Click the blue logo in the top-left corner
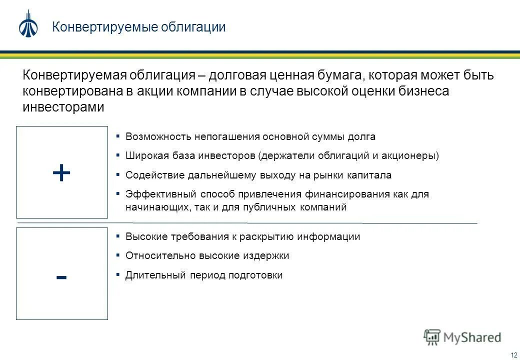28,24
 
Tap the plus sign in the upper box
61,173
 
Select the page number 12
513,355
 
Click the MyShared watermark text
470,337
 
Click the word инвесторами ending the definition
63,107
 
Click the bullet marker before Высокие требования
117,236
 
